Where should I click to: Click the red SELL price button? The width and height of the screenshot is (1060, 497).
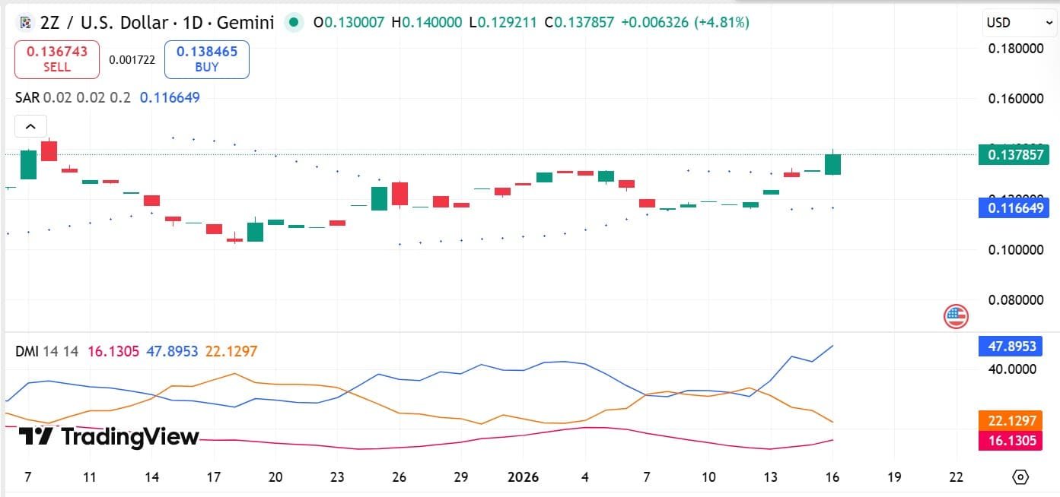point(57,59)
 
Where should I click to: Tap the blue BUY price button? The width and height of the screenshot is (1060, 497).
point(207,59)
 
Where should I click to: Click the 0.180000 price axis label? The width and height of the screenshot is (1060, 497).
point(1015,49)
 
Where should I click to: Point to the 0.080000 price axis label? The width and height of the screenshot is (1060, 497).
point(1015,299)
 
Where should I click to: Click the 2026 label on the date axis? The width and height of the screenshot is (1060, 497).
point(523,477)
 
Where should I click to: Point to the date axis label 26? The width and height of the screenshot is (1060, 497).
point(399,477)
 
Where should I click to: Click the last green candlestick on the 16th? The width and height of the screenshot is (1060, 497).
point(832,164)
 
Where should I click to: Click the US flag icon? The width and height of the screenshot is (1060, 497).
point(956,315)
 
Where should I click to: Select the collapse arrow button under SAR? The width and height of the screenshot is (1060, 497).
point(30,126)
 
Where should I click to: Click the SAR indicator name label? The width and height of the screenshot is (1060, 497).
point(27,97)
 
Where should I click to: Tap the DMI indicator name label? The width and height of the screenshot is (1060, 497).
point(27,351)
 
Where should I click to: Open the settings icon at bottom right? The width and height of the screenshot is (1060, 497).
point(1020,477)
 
